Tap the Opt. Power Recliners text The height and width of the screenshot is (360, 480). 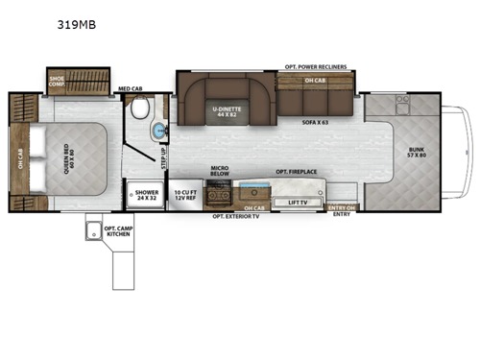pos(316,67)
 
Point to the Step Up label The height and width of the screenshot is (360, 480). pos(163,154)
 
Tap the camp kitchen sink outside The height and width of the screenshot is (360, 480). pos(94,230)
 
